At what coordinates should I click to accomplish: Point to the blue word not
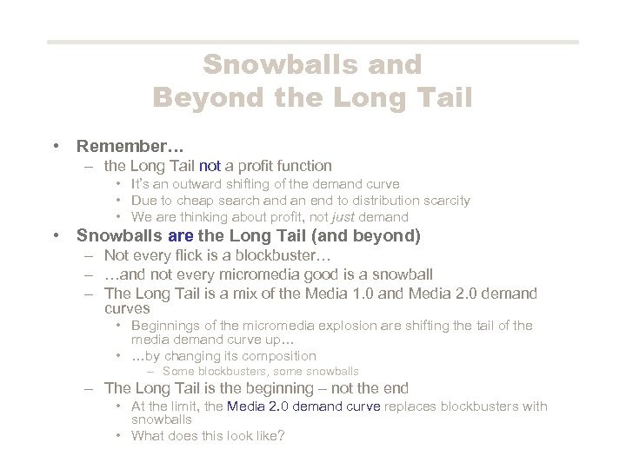(x=210, y=165)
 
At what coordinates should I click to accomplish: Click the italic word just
(x=325, y=216)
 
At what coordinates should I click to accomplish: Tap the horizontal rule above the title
(x=313, y=42)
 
